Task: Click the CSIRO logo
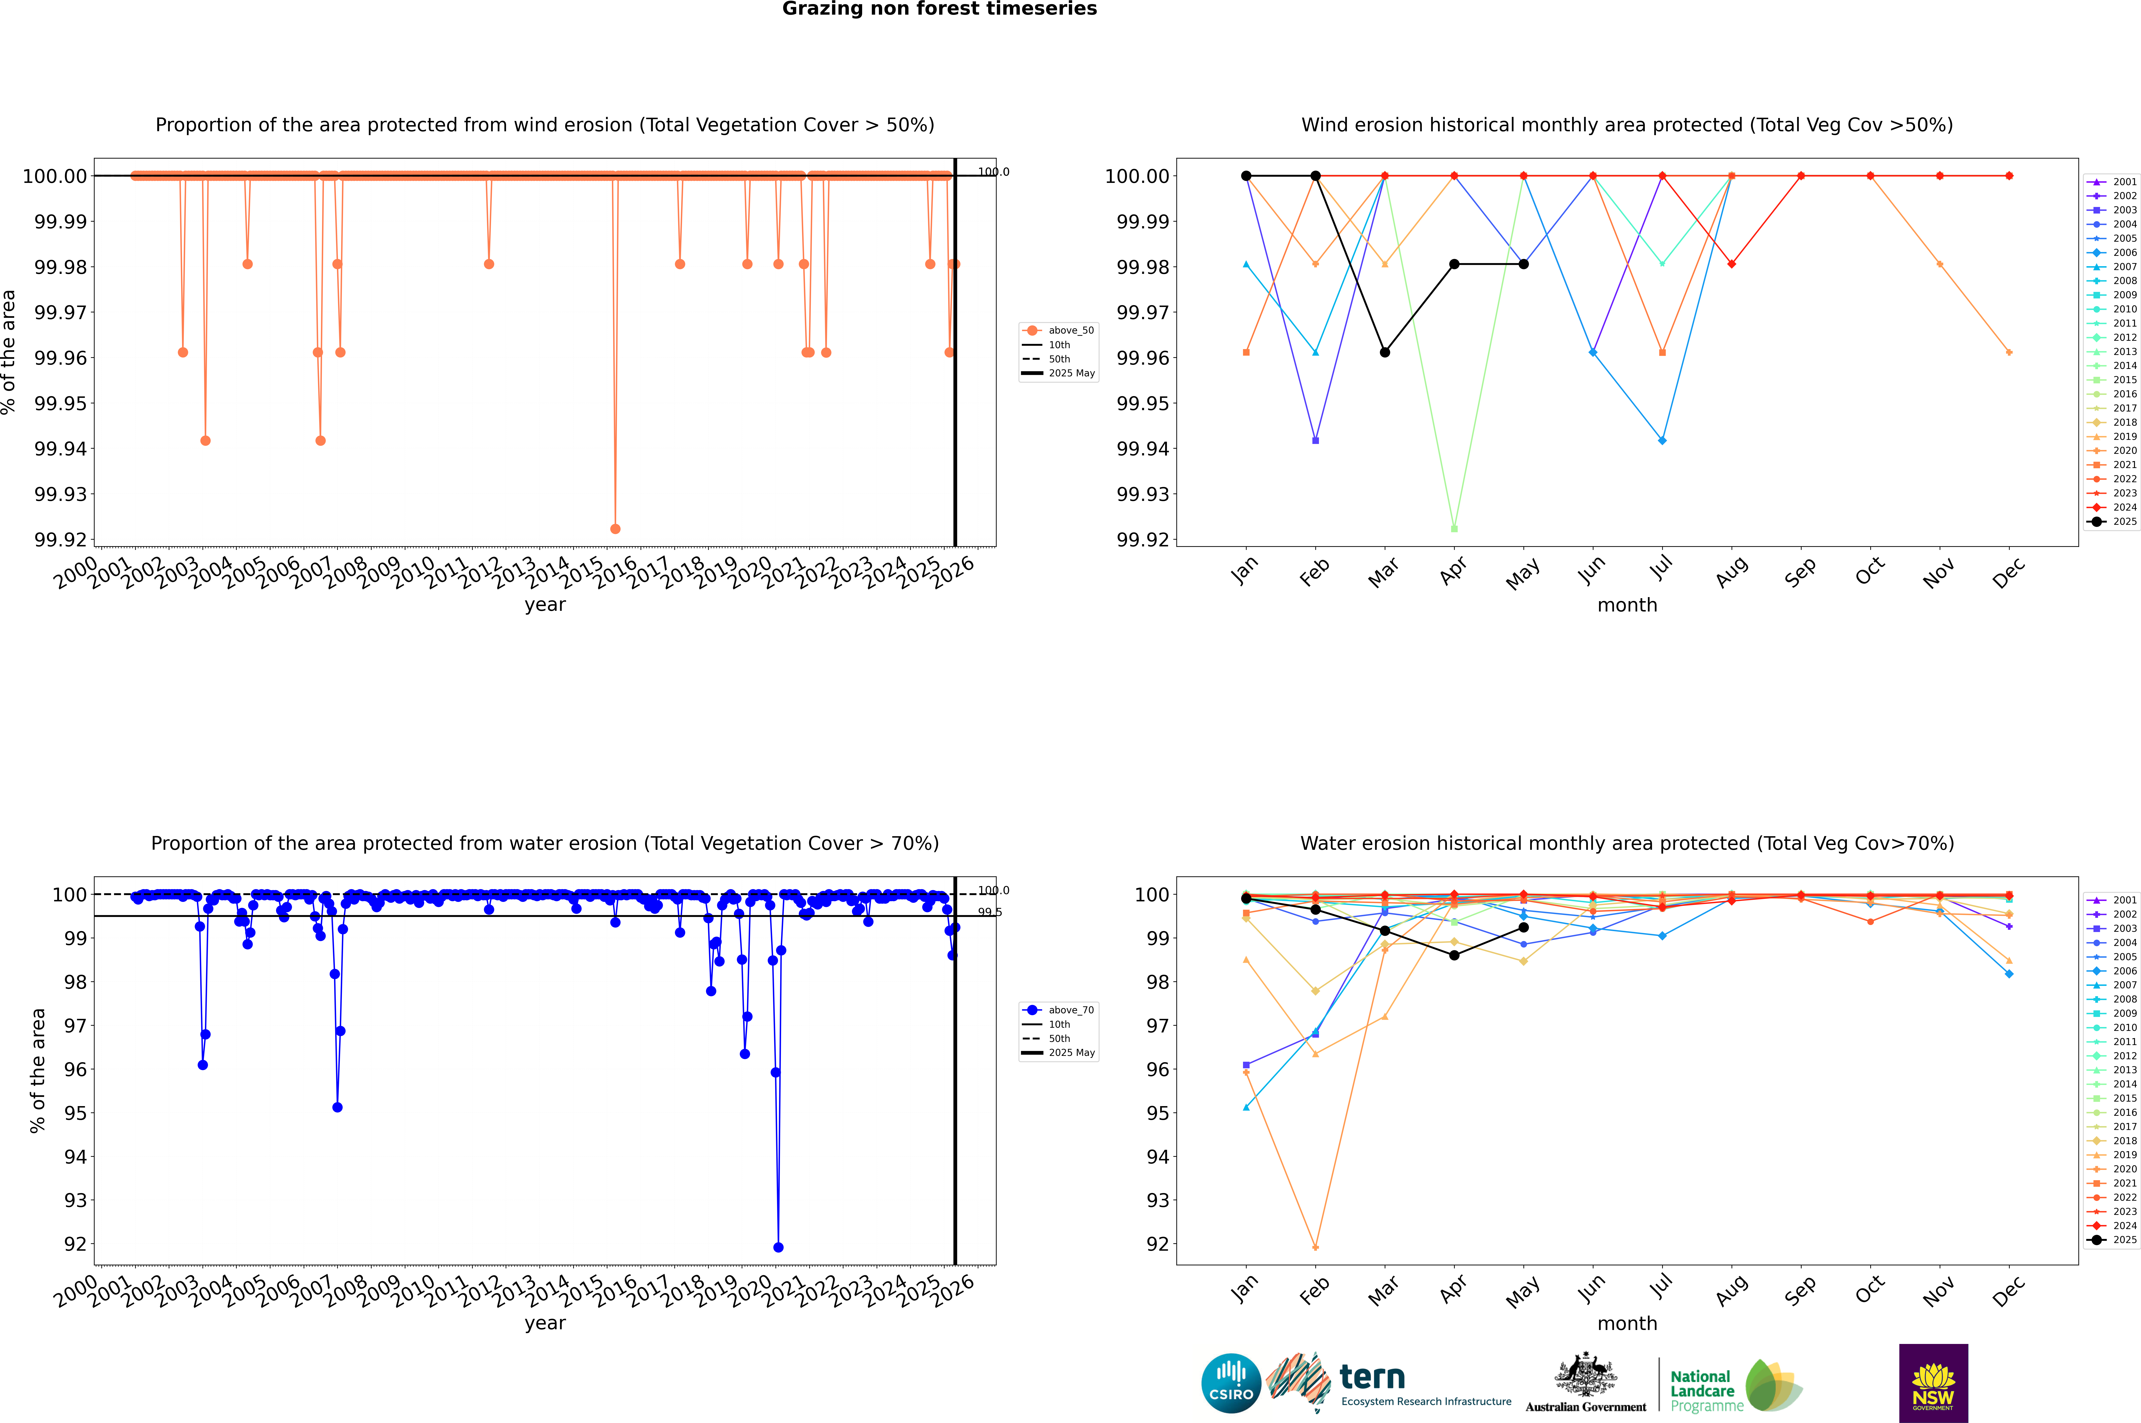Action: tap(1231, 1383)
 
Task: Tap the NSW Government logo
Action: tap(1933, 1383)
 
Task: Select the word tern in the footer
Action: tap(1372, 1378)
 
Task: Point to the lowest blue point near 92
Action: tap(778, 1247)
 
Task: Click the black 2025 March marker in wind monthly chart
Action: tap(1385, 352)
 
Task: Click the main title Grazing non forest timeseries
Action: tap(939, 9)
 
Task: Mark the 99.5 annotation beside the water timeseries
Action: tap(989, 912)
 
